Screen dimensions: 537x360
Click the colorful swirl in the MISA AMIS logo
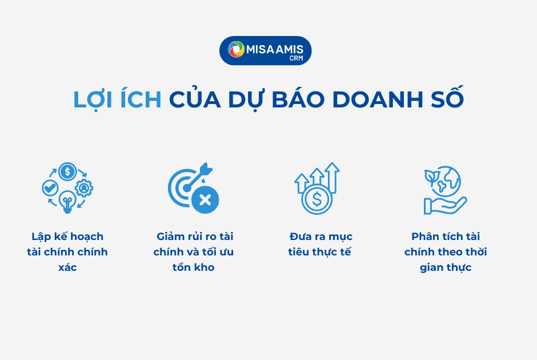click(236, 49)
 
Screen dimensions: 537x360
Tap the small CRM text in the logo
click(296, 58)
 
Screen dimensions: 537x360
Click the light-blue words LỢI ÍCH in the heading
click(117, 99)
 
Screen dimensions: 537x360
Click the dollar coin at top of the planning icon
click(67, 171)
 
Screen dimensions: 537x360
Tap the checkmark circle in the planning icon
click(50, 188)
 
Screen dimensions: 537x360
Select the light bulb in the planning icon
click(67, 202)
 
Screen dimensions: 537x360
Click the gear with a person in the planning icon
click(84, 188)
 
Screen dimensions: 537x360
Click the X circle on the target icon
click(205, 199)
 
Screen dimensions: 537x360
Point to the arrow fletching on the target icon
click(206, 169)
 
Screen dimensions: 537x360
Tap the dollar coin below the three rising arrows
click(317, 199)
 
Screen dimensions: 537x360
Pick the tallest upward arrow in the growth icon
click(332, 178)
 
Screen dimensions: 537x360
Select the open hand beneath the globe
click(445, 206)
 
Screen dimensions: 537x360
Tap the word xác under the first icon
click(67, 267)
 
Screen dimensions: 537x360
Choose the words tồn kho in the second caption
click(194, 267)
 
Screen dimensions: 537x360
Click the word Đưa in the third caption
click(299, 237)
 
